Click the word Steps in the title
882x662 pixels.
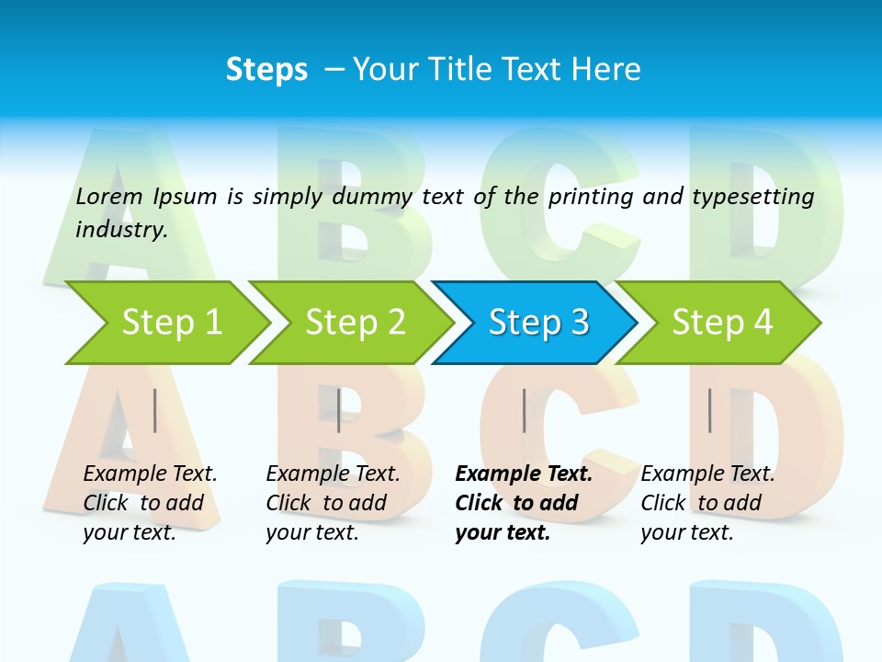266,70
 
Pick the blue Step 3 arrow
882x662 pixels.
538,323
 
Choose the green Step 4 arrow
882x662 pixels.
722,323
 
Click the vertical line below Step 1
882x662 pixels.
155,410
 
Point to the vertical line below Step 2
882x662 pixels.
339,410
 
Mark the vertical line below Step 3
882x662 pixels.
525,410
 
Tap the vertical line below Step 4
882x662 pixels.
709,410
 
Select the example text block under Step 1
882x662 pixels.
150,503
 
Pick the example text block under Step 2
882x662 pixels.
333,503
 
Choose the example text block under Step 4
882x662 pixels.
707,503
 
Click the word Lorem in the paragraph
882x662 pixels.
109,197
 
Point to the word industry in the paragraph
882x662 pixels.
120,230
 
